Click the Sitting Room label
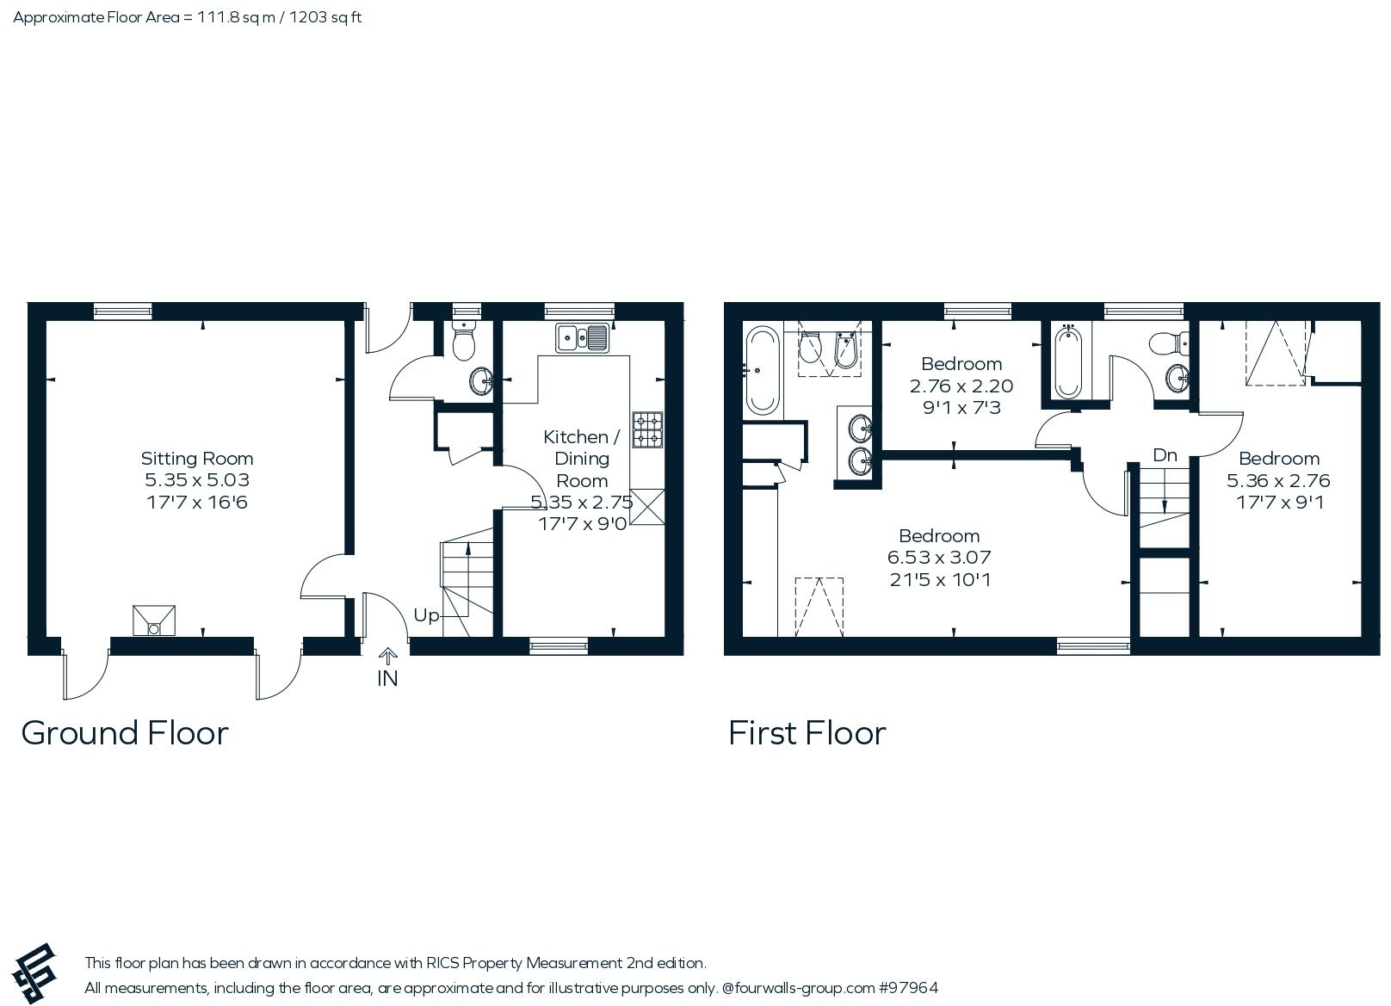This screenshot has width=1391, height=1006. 197,458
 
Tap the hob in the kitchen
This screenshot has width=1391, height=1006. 647,429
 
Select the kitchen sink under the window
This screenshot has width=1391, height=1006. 583,338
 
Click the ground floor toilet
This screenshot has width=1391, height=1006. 464,343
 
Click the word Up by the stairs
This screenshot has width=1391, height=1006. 426,615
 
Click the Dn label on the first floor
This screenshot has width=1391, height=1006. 1165,455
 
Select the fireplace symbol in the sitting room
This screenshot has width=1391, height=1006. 154,620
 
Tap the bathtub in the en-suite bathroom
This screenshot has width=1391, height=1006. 762,370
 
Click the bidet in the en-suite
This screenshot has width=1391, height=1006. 846,349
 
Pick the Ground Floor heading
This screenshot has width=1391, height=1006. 125,733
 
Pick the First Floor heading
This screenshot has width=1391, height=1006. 807,733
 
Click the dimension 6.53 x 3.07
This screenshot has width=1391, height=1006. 939,558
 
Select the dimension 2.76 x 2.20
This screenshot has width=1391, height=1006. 961,386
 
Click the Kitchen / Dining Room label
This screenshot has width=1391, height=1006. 582,458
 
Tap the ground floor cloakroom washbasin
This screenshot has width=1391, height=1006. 481,380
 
